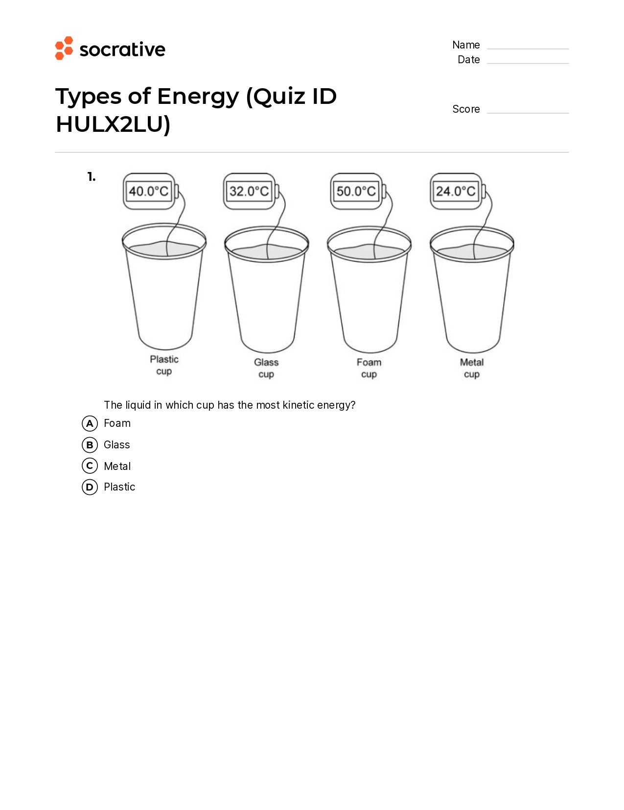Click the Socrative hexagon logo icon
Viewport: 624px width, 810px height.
point(64,48)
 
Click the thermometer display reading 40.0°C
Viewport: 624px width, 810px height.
point(149,191)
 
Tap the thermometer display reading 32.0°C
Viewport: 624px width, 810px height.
point(249,191)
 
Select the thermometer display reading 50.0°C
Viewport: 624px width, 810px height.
point(356,191)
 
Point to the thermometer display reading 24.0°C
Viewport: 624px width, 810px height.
point(456,191)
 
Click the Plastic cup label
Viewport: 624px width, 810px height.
point(164,365)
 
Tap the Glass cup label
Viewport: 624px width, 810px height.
point(266,368)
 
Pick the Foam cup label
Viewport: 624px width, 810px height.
point(369,368)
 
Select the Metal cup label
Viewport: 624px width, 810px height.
point(472,368)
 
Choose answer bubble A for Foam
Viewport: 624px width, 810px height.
point(90,423)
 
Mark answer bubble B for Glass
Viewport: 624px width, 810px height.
point(90,445)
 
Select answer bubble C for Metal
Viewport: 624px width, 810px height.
point(90,466)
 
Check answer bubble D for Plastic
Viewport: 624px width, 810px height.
point(90,487)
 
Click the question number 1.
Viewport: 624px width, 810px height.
point(92,177)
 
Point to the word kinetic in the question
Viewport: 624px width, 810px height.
point(298,405)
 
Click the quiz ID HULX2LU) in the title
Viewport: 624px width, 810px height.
point(113,124)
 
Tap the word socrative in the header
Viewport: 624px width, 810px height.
point(122,49)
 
